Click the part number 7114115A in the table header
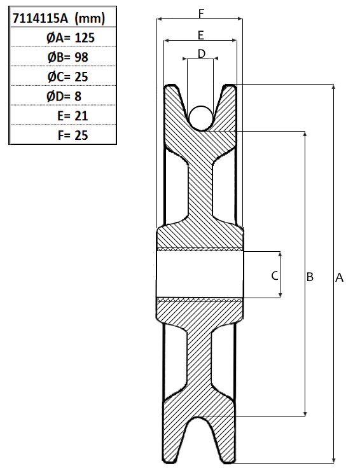click(40, 18)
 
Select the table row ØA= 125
click(71, 38)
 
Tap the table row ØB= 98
click(68, 57)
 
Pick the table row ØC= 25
click(68, 77)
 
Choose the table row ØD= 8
click(64, 97)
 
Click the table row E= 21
click(73, 116)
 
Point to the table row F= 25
click(73, 135)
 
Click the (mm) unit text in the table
click(90, 18)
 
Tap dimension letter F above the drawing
click(202, 13)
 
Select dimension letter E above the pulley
click(201, 35)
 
